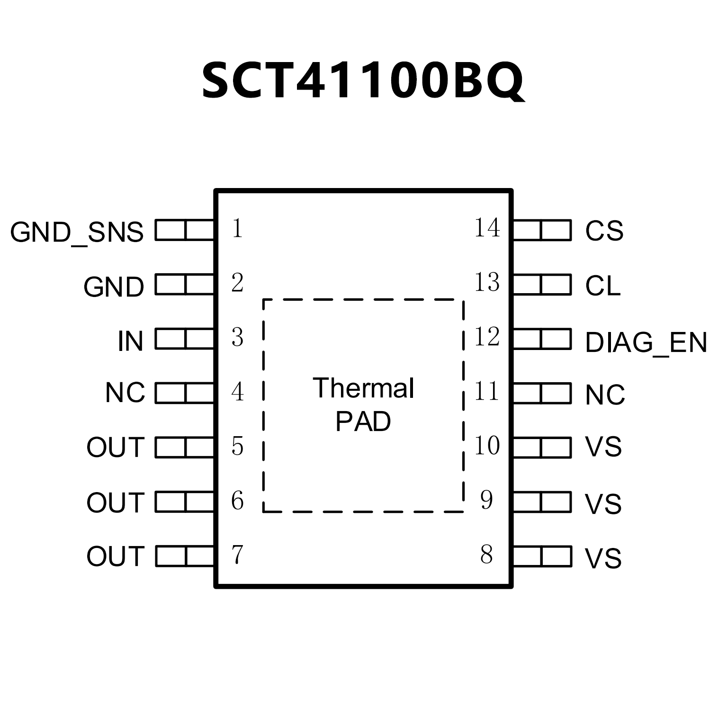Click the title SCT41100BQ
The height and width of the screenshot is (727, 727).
coord(363,81)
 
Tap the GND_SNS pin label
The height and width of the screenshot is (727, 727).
coord(77,232)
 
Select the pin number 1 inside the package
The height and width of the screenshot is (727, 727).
coord(237,229)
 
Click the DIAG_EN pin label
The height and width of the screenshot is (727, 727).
coord(646,342)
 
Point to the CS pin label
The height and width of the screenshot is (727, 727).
coord(604,231)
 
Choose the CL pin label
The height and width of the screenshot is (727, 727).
coord(602,286)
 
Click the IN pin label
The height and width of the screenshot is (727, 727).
coord(130,341)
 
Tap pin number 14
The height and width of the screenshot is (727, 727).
coord(487,228)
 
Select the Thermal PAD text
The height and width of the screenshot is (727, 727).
coord(363,404)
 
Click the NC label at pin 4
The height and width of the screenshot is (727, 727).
coord(125,393)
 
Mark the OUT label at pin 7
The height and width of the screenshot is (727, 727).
coord(115,556)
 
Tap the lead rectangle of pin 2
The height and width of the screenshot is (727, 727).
coord(185,285)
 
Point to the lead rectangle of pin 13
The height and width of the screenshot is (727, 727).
coord(542,285)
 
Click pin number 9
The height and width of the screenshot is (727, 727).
coord(486,500)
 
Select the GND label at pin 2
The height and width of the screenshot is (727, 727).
coord(114,287)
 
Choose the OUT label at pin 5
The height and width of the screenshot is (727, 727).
coord(115,447)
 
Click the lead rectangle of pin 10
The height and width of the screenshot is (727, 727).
coord(542,448)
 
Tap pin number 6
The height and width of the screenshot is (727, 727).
coord(237,501)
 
